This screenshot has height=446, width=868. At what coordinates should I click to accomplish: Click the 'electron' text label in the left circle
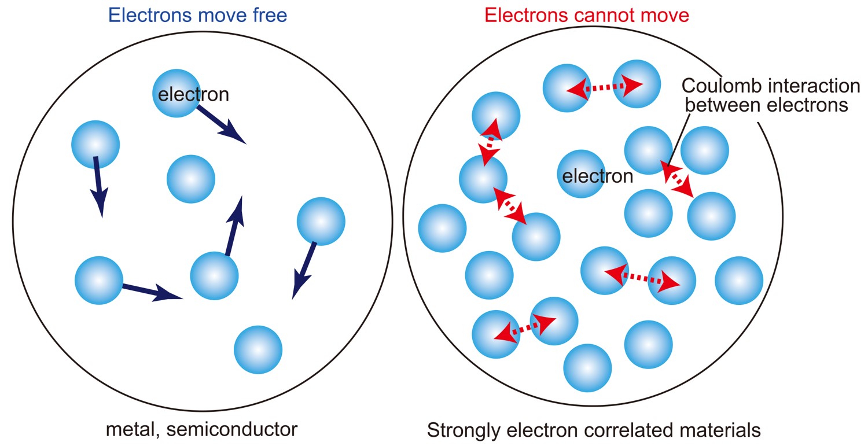(x=193, y=94)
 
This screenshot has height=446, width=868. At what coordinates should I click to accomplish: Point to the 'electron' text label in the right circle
(x=598, y=175)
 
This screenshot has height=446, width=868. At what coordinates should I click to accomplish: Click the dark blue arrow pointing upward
(x=234, y=226)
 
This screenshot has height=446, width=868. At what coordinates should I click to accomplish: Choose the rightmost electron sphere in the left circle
(x=321, y=221)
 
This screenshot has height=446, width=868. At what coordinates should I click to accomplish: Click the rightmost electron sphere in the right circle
(x=738, y=281)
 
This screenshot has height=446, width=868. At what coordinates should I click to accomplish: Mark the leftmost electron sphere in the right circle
(x=442, y=228)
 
